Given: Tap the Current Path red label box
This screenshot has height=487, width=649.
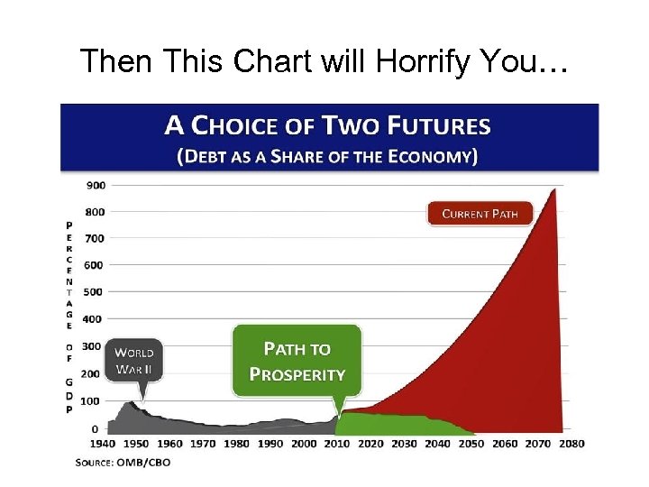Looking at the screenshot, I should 479,214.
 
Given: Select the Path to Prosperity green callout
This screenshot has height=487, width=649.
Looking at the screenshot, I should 297,361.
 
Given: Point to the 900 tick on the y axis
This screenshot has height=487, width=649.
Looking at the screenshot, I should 96,185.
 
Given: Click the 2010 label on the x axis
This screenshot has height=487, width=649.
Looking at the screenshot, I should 337,444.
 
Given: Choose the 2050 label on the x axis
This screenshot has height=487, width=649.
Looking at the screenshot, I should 471,444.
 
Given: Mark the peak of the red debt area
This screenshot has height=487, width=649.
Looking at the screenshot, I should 553,189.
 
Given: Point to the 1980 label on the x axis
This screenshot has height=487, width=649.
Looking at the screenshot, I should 236,444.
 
